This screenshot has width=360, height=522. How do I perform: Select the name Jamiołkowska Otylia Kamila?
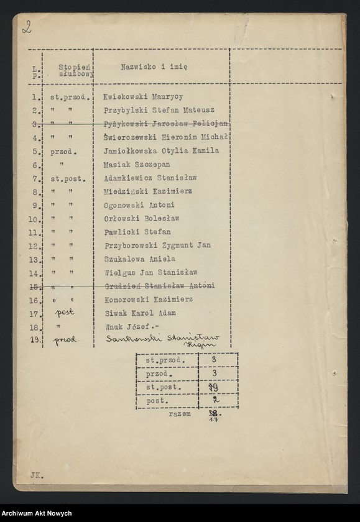161,151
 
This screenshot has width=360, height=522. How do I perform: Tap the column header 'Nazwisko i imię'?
147,66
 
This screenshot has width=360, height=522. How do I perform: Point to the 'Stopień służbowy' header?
76,69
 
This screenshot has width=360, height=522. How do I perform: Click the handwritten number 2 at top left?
27,27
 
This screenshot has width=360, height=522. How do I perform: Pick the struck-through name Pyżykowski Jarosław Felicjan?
165,124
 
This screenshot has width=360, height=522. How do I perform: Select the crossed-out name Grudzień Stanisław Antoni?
159,286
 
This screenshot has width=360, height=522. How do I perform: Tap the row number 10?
35,219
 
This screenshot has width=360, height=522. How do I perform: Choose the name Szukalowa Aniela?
139,259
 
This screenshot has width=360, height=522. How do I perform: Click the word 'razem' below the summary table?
179,413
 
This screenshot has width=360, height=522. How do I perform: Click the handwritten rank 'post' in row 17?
64,313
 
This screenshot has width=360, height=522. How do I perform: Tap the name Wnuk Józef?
124,326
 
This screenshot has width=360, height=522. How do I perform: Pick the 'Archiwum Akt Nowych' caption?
37,513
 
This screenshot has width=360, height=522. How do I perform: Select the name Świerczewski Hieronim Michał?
165,137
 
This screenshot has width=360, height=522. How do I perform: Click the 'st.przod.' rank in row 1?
71,98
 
